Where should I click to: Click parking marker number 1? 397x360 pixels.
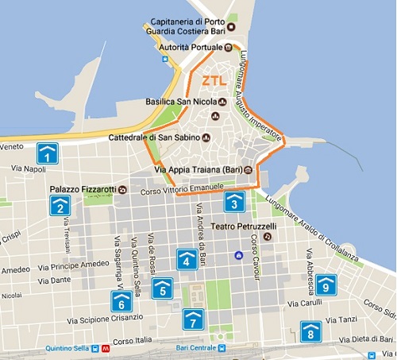(48, 153)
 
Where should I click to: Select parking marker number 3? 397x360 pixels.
(233, 202)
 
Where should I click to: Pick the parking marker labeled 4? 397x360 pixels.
(187, 259)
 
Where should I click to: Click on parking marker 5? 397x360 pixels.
(163, 288)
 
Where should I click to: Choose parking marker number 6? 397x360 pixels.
(121, 301)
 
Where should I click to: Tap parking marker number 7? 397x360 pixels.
(193, 319)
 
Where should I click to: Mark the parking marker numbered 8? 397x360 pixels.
(310, 331)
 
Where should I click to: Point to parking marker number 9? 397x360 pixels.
(326, 285)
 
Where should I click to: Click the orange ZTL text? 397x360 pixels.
(214, 81)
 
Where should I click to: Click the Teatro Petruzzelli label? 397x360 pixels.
(243, 226)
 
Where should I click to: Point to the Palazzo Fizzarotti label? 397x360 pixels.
(83, 189)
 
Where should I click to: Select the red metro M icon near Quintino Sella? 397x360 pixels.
(106, 348)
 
